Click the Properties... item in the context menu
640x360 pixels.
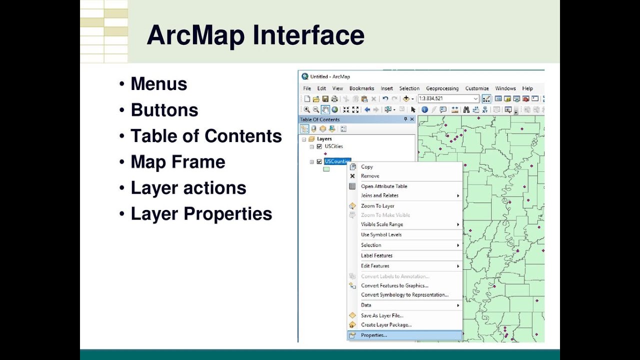[374, 335]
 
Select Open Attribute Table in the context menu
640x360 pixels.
[384, 186]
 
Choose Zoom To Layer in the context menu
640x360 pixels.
[377, 206]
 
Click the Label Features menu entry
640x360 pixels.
[376, 255]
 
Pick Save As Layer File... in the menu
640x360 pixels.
[382, 315]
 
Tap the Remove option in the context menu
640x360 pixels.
[370, 176]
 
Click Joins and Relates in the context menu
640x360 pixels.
[379, 195]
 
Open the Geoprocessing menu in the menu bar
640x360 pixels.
[442, 88]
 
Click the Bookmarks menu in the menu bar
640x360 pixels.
[361, 88]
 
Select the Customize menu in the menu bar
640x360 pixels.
[477, 88]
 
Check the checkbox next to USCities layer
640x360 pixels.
[319, 146]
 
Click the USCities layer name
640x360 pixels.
[333, 146]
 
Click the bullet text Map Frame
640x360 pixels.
[177, 162]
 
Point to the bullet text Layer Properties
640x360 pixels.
[201, 214]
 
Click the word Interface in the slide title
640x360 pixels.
[308, 35]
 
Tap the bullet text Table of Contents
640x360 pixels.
[206, 136]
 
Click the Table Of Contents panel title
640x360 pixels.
[319, 119]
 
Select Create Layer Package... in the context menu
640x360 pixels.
[386, 325]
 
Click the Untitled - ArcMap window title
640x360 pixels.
[330, 76]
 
